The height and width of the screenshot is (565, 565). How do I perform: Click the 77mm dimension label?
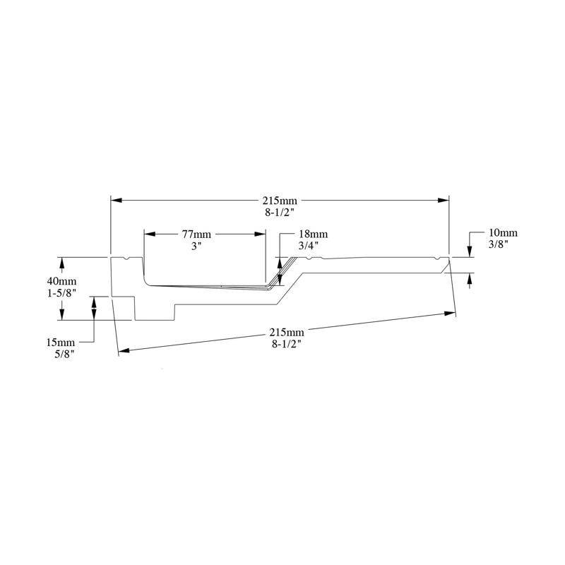[x=196, y=233]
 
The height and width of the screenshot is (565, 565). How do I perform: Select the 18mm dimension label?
[x=313, y=234]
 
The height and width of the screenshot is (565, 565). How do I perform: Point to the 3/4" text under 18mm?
[x=309, y=245]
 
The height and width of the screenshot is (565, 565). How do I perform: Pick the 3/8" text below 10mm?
[x=499, y=244]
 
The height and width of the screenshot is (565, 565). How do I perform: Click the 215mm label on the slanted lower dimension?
[x=286, y=333]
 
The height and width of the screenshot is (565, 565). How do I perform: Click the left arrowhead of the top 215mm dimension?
[x=117, y=201]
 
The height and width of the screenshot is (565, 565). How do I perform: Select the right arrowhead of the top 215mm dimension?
[x=444, y=201]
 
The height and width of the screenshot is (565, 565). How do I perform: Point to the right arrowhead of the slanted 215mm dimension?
[x=450, y=313]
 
